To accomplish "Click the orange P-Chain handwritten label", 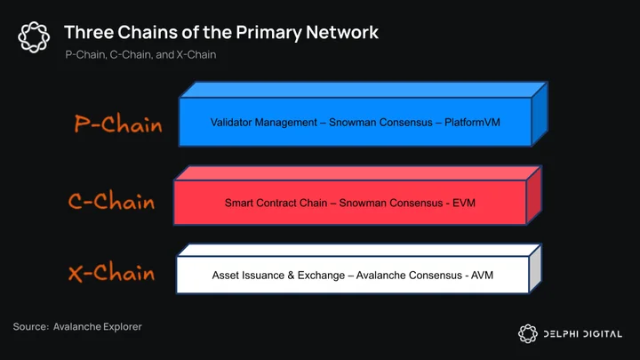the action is tap(118, 124).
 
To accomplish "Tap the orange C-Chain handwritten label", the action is tap(111, 201).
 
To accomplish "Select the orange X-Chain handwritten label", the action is tap(111, 272).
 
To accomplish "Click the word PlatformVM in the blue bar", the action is tap(472, 122).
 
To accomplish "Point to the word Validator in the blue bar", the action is tap(230, 122).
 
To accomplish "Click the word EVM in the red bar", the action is tap(464, 203).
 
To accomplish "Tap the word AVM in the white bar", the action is tap(482, 275).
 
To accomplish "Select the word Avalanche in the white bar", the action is tap(380, 275).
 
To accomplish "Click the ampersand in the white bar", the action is tap(291, 275).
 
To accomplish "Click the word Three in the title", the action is tap(89, 32).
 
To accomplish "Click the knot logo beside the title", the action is tap(34, 37).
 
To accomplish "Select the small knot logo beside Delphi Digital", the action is tap(528, 333).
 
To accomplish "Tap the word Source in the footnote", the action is tap(30, 326).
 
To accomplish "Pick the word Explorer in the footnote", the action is tap(123, 327).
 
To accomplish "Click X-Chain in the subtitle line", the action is tap(196, 55).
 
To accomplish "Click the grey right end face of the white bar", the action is tap(535, 268).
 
